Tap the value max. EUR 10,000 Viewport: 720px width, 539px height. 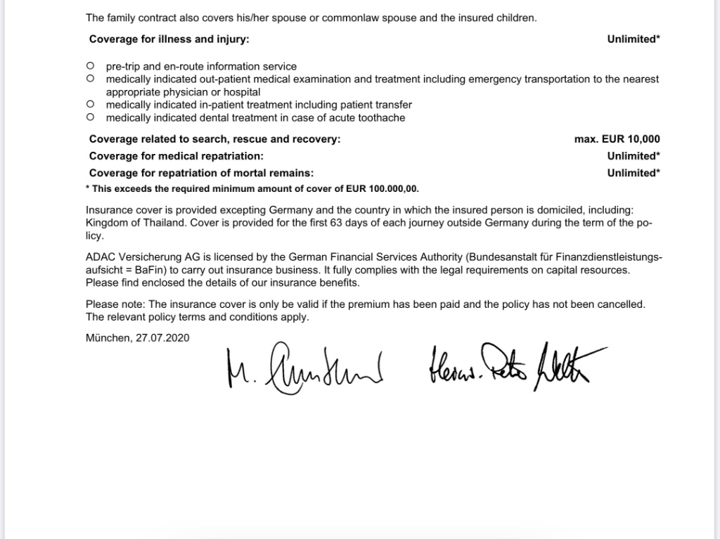coord(617,139)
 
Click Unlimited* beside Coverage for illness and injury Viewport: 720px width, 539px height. coord(633,39)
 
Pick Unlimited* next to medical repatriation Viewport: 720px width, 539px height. coord(633,156)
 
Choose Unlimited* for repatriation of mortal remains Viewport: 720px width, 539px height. coord(633,173)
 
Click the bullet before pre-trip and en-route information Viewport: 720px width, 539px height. coord(91,66)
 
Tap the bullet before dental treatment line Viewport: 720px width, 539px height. coord(91,117)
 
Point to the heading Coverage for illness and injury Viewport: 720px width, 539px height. coord(169,39)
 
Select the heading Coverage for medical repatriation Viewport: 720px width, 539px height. coord(176,156)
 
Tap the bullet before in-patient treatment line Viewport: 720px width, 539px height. coord(91,105)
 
